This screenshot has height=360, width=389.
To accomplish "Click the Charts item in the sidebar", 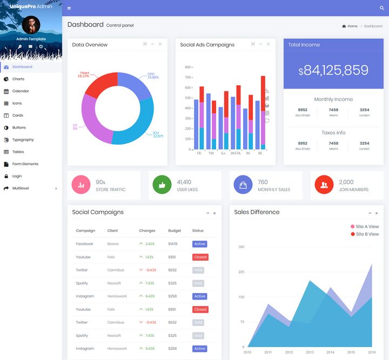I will pyautogui.click(x=18, y=79).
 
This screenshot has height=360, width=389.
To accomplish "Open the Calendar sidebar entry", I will pyautogui.click(x=21, y=91).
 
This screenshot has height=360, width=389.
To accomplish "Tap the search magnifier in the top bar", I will pyautogui.click(x=382, y=8).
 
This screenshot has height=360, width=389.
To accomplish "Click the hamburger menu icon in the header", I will pyautogui.click(x=69, y=8).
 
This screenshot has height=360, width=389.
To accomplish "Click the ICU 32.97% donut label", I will pyautogui.click(x=158, y=134).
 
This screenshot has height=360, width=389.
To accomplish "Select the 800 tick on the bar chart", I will pyautogui.click(x=188, y=67).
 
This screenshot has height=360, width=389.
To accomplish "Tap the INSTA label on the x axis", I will pyautogui.click(x=236, y=153).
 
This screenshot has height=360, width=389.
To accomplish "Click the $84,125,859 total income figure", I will pyautogui.click(x=333, y=70).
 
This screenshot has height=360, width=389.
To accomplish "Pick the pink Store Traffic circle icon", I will pyautogui.click(x=81, y=185).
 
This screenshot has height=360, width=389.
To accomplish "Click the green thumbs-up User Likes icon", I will pyautogui.click(x=162, y=185).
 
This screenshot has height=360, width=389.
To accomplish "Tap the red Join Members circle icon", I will pyautogui.click(x=324, y=185).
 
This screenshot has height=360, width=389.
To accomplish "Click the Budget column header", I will pyautogui.click(x=175, y=230).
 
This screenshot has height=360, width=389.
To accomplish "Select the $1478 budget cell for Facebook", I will pyautogui.click(x=173, y=244).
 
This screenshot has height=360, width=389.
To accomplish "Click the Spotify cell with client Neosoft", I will pyautogui.click(x=82, y=283).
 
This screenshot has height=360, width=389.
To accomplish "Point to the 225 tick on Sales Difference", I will pyautogui.click(x=241, y=272).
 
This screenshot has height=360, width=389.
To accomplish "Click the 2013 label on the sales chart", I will pyautogui.click(x=310, y=352).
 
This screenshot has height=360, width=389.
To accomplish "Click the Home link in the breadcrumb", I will pyautogui.click(x=352, y=26).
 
